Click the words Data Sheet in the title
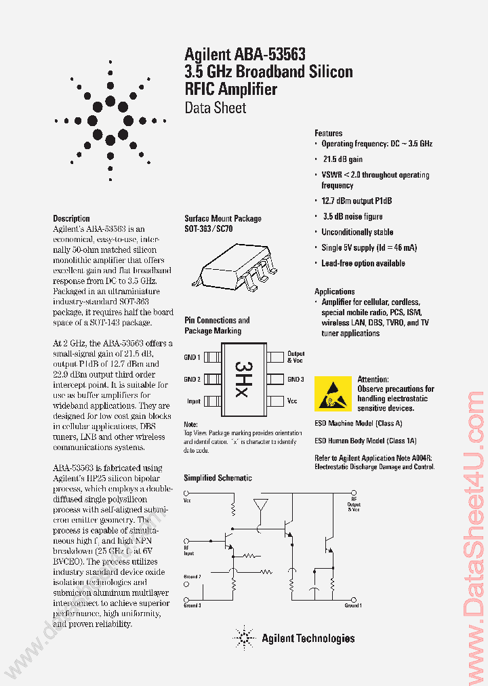[x=215, y=108]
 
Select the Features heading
[x=328, y=134]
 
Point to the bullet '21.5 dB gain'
[x=342, y=159]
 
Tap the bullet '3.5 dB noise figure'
[x=352, y=217]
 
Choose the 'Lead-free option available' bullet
[x=363, y=263]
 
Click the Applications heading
[x=334, y=291]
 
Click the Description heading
[x=71, y=218]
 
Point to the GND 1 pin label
[x=192, y=357]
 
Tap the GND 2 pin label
[x=192, y=380]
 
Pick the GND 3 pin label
[x=296, y=380]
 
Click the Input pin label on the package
[x=194, y=401]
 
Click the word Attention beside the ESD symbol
[x=373, y=380]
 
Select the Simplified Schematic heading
[x=218, y=478]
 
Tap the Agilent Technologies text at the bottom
[x=308, y=638]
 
